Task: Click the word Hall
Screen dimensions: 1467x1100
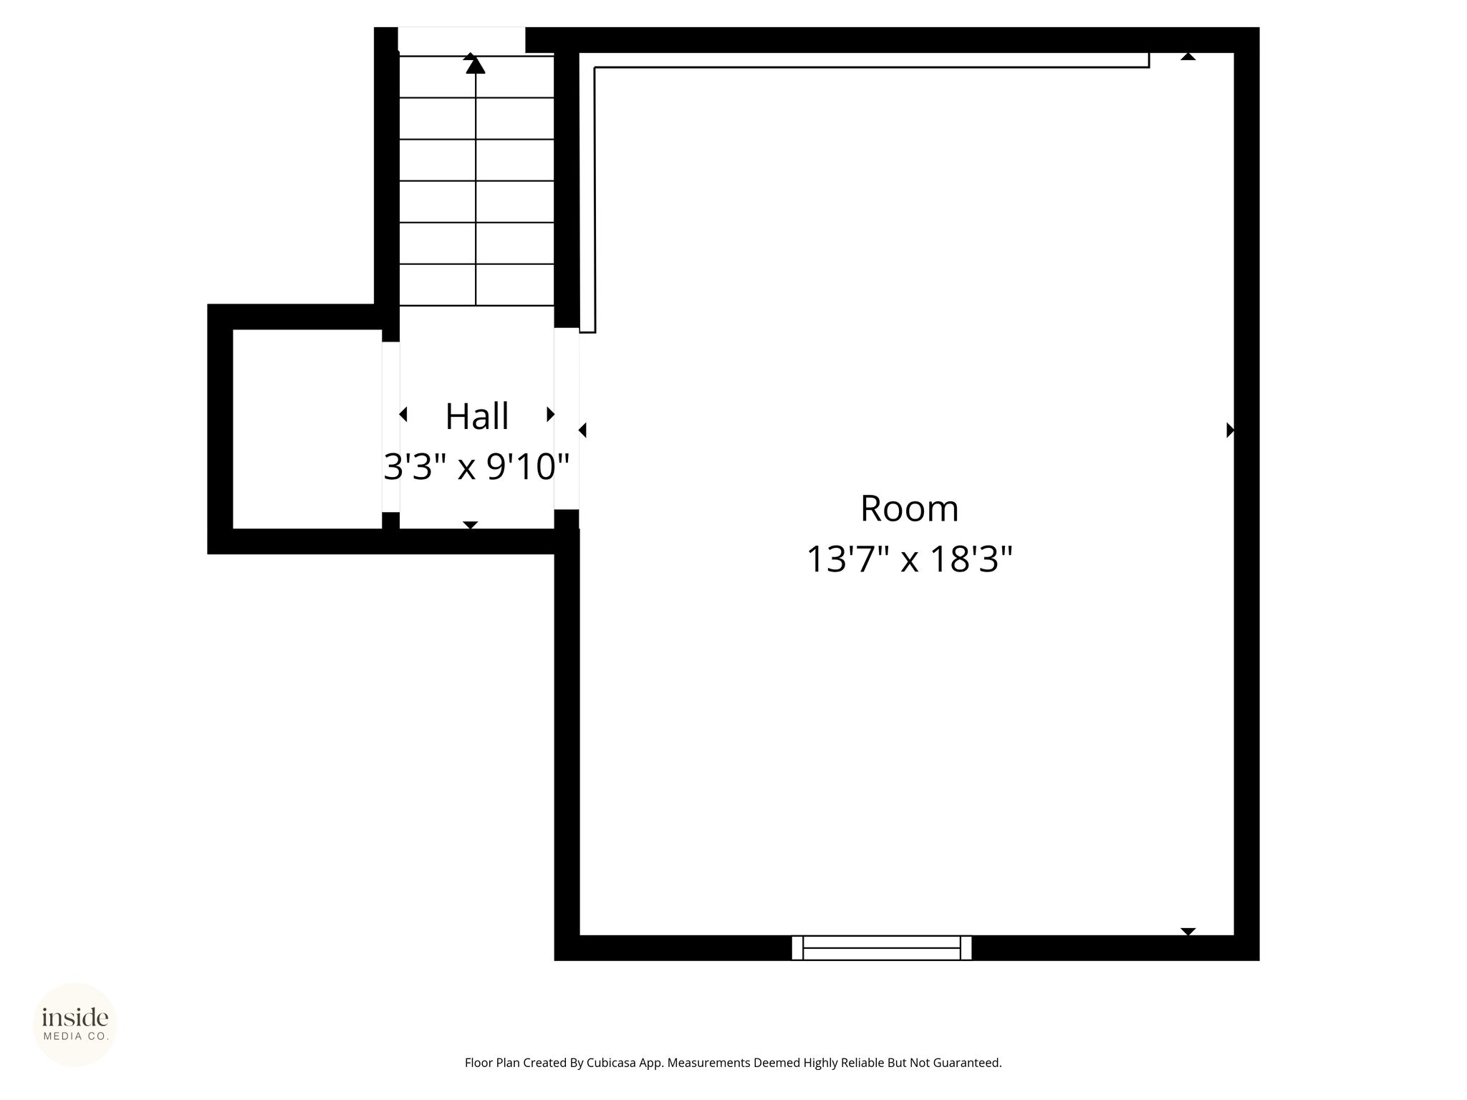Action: (x=477, y=416)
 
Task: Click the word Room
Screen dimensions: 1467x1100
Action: (x=909, y=508)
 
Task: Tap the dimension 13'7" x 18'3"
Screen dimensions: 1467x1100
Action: (x=910, y=559)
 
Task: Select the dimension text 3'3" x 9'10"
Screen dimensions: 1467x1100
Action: (x=477, y=467)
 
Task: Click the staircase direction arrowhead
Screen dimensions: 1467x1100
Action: (x=476, y=65)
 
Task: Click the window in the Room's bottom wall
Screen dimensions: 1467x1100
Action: (x=882, y=947)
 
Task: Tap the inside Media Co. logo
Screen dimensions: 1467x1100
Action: (x=75, y=1024)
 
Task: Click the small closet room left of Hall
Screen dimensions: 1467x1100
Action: (x=307, y=429)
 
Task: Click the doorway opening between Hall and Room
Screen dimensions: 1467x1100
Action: (x=567, y=419)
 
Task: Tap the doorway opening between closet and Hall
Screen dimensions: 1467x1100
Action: (x=390, y=428)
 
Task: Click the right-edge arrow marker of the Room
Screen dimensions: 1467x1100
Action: (x=1231, y=430)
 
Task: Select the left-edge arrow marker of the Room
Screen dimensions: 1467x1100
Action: (x=582, y=430)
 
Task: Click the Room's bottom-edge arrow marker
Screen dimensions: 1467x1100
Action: (x=1188, y=932)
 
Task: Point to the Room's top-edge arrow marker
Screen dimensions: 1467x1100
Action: (x=1188, y=56)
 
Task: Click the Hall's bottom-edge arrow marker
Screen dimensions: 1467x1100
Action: (x=471, y=526)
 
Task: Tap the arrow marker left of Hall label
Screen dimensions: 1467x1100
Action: (x=403, y=414)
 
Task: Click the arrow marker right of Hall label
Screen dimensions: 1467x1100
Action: (x=551, y=414)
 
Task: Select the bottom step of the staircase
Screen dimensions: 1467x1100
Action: (x=476, y=285)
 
